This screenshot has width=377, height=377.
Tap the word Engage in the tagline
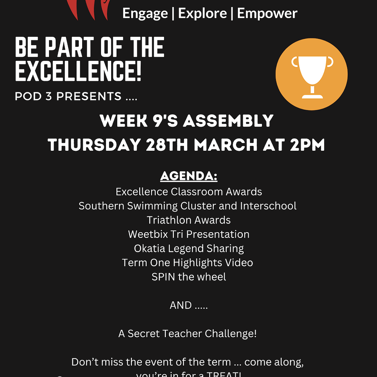145,14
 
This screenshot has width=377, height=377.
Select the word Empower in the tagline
267,14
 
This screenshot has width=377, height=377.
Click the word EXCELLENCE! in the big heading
78,71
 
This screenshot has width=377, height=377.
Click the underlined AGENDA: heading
189,176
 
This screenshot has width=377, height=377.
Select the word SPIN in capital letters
163,277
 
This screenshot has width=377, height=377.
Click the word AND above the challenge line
181,305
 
